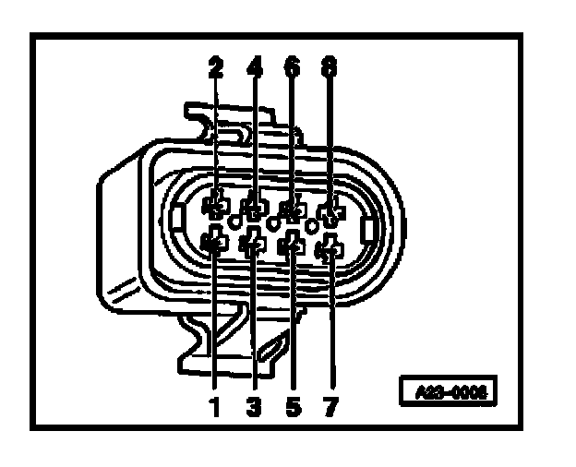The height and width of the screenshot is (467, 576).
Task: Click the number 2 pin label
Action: tap(216, 68)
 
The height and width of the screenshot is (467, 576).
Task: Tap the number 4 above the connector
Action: tap(255, 68)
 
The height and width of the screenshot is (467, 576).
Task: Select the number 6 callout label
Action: tap(293, 68)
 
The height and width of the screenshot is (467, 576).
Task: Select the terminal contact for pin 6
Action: tap(291, 210)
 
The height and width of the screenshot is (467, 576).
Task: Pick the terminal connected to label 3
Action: tap(251, 244)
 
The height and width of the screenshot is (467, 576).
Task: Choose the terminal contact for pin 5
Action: tap(292, 245)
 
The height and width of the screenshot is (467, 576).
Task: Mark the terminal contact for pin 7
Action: tap(330, 248)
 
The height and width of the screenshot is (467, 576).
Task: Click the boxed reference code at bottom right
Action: tap(449, 389)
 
